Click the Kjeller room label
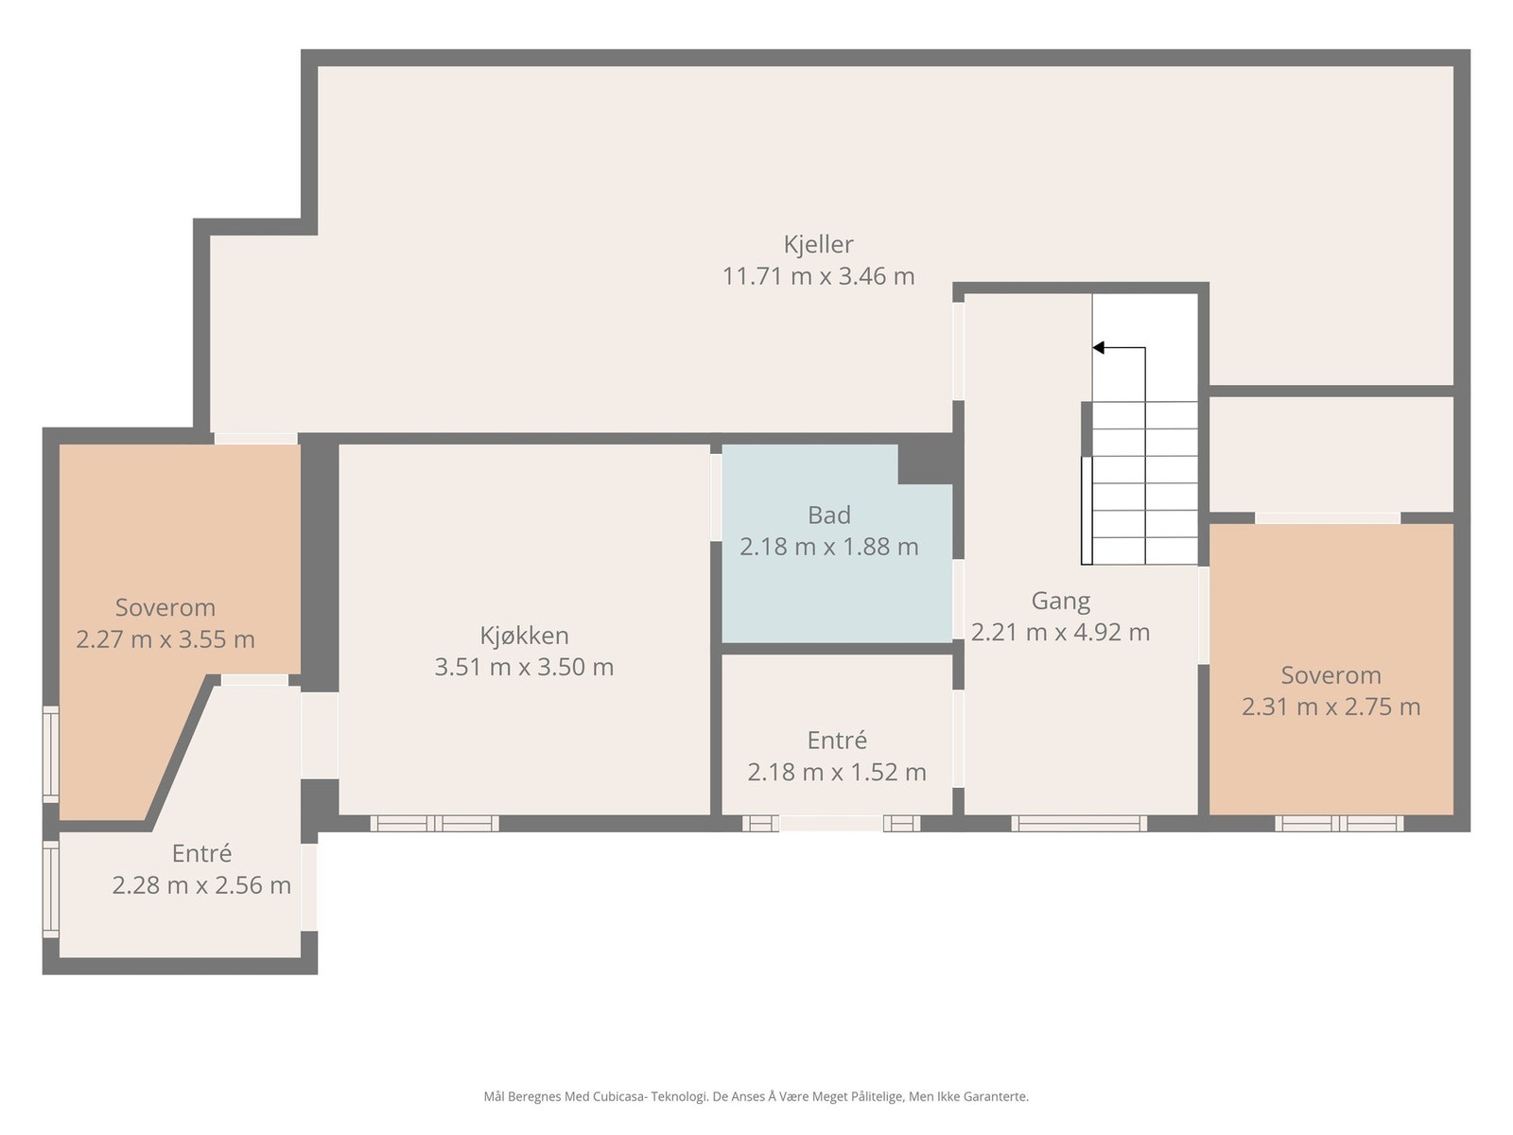tap(818, 245)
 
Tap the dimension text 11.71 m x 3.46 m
tap(818, 276)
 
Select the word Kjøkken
tap(524, 635)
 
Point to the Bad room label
tap(828, 515)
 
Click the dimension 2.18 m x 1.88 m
tap(828, 547)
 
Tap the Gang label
tap(1060, 601)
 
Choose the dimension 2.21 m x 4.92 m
tap(1060, 632)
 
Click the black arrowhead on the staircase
tap(1099, 348)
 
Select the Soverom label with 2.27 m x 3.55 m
tap(165, 607)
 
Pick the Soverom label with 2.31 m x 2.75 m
tap(1330, 675)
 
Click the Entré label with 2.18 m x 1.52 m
tap(837, 741)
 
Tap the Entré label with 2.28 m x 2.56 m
tap(201, 853)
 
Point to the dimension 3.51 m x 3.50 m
tap(524, 667)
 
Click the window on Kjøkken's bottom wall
tap(434, 823)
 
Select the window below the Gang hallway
tap(1079, 823)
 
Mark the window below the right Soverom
tap(1339, 823)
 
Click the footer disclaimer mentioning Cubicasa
tap(756, 1096)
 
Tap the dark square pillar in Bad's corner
tap(925, 463)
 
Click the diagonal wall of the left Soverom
tap(182, 748)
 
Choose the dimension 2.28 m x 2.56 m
tap(201, 885)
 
